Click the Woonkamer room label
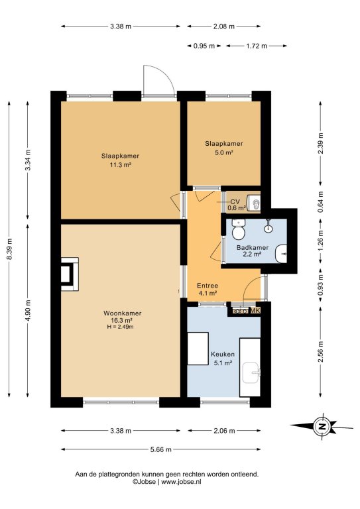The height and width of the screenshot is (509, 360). tap(123, 313)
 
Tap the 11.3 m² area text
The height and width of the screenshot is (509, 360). tap(120, 165)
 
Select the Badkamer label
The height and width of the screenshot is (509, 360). tap(253, 248)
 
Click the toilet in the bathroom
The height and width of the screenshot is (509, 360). tap(238, 229)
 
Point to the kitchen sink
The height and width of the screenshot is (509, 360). tap(252, 373)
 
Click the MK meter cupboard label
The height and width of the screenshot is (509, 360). tap(255, 311)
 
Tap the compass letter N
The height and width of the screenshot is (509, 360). tap(322, 427)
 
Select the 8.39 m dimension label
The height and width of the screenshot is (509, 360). tap(10, 249)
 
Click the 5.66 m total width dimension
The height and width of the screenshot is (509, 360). tap(160, 449)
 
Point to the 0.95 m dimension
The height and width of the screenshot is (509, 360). tap(204, 46)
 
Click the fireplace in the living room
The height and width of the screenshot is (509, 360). tap(70, 274)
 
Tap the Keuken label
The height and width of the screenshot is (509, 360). tap(223, 354)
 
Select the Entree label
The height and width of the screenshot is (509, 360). tap(208, 286)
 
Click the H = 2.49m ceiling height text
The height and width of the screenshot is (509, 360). tap(120, 327)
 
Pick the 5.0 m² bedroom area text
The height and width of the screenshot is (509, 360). tap(224, 152)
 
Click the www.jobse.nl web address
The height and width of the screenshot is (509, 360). tap(181, 482)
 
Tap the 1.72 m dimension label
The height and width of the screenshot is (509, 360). tap(257, 46)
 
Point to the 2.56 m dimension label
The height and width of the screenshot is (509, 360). tap(321, 352)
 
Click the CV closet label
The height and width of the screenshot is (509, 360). tap(235, 202)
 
